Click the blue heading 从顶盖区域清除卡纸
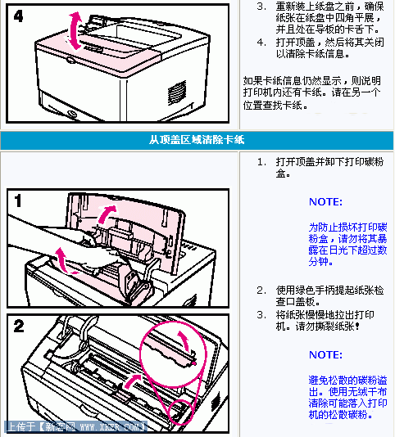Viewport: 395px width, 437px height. (197, 139)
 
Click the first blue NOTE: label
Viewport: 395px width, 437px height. (325, 201)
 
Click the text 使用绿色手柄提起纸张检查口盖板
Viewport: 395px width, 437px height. (325, 295)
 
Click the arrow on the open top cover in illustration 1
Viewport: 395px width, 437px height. (107, 214)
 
